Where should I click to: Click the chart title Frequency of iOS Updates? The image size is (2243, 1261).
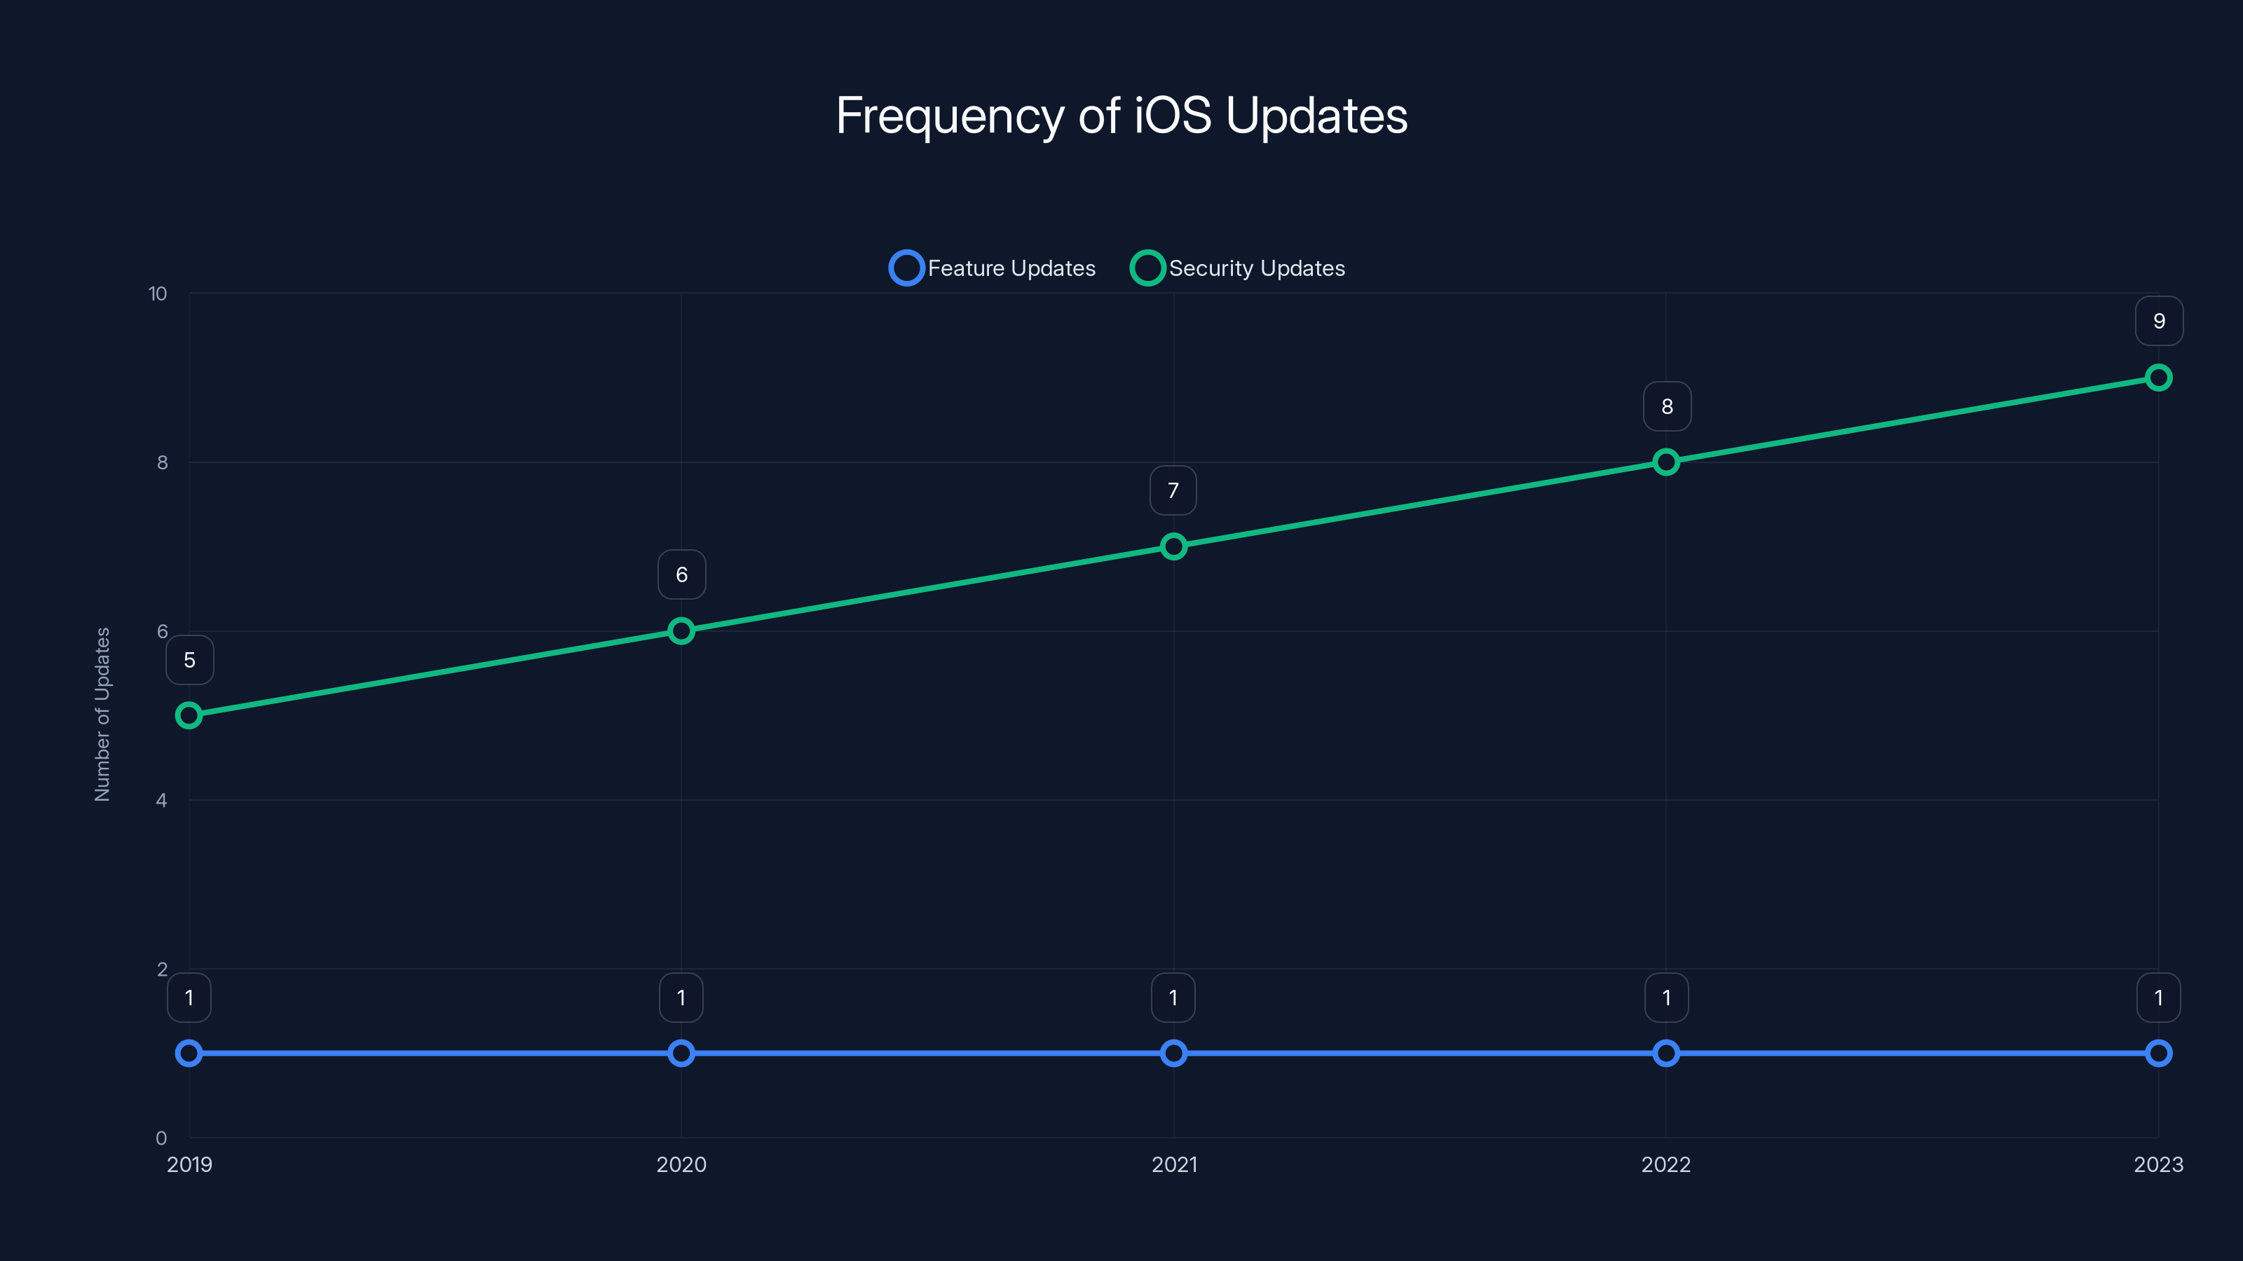1121,116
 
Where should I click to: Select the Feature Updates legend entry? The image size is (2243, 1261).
993,268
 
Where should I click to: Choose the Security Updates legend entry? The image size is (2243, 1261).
1237,268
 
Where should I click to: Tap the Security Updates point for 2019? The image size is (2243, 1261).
189,715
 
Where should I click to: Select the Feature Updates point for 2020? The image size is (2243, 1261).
681,1054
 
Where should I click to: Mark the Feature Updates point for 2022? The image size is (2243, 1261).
1665,1054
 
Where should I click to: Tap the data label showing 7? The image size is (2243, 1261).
1173,491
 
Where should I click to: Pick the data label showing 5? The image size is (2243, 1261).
189,661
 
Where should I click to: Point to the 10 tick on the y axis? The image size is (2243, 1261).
158,294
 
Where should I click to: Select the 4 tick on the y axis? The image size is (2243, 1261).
161,801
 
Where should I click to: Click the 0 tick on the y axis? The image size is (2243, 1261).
161,1138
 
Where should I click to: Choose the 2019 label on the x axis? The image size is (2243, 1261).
189,1165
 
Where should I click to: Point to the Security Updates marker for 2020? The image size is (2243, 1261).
681,631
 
